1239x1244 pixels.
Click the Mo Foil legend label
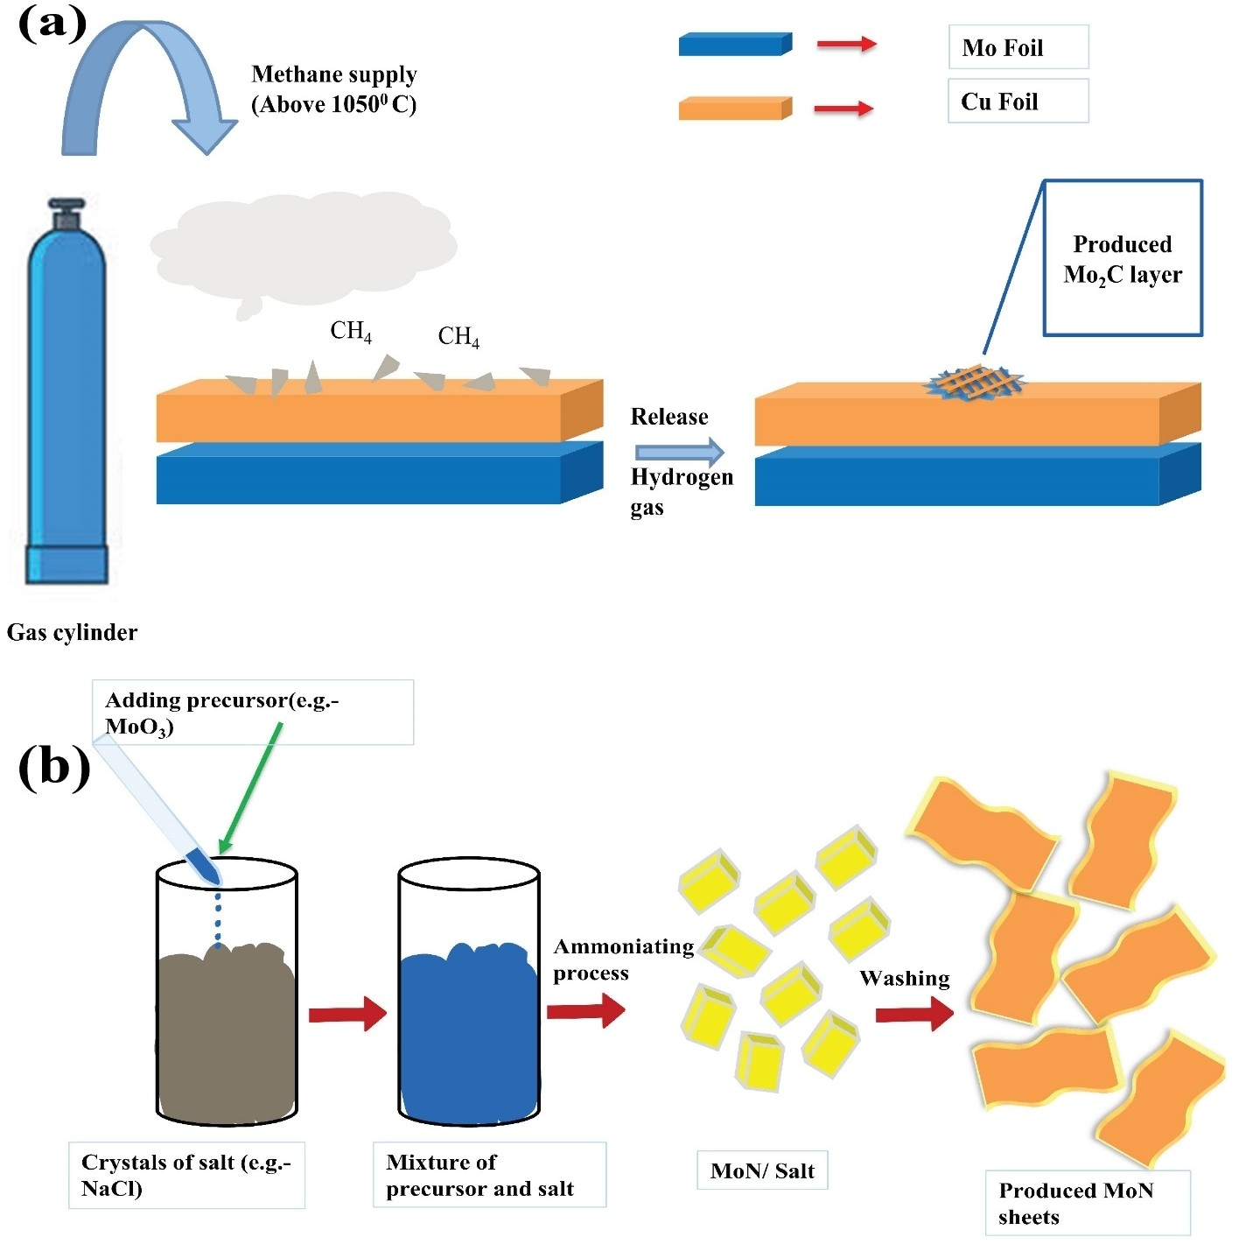pos(1018,47)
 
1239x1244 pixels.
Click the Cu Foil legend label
pos(1018,102)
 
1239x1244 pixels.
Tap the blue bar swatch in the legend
pos(735,45)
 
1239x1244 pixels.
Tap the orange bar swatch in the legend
pos(735,109)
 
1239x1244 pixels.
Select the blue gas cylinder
pos(67,394)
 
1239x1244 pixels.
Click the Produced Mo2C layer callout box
pos(1123,259)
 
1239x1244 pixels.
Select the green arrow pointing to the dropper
pos(251,786)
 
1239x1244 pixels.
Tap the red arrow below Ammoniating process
pos(585,1011)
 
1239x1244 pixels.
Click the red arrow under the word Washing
pos(914,1014)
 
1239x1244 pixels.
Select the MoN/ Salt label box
pos(762,1170)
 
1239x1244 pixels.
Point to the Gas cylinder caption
pos(72,632)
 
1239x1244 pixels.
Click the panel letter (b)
pos(54,767)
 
